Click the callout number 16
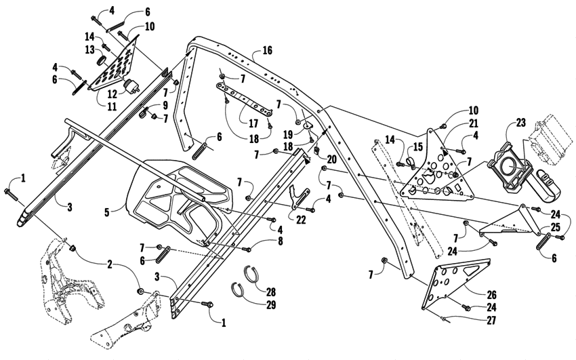click(x=266, y=51)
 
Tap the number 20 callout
click(x=331, y=159)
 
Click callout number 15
click(x=417, y=146)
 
